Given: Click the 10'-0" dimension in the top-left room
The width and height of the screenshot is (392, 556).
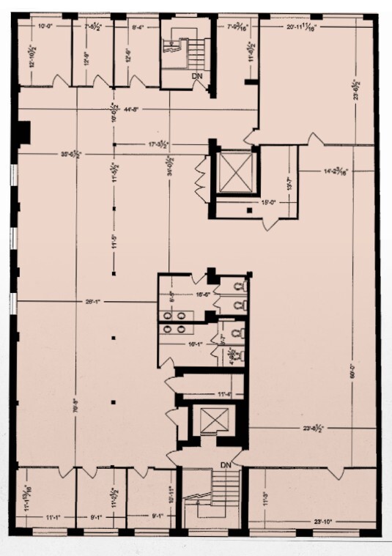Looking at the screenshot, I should pyautogui.click(x=45, y=26).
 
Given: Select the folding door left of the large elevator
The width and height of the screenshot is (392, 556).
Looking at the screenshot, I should pyautogui.click(x=199, y=179).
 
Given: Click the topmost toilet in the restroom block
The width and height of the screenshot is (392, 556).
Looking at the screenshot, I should pyautogui.click(x=237, y=286).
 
